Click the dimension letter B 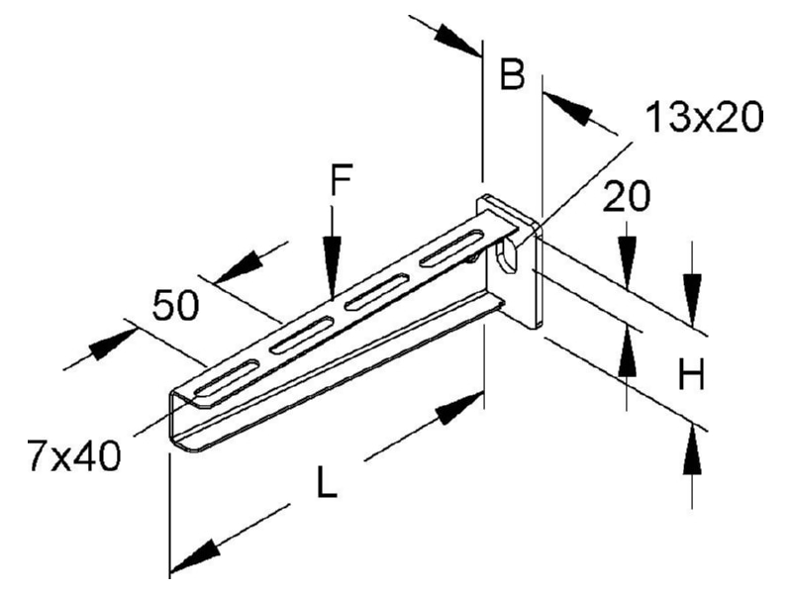tap(512, 74)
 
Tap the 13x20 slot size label tap(705, 117)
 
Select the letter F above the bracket tap(342, 179)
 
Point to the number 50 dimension tap(176, 305)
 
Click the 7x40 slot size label tap(74, 455)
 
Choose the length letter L tap(327, 481)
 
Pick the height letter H tap(691, 374)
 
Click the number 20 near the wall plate tap(627, 196)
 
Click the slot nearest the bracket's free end tap(227, 377)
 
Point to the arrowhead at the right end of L tap(459, 408)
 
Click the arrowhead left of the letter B tap(456, 40)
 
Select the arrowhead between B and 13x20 tap(567, 109)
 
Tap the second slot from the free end tap(302, 335)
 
